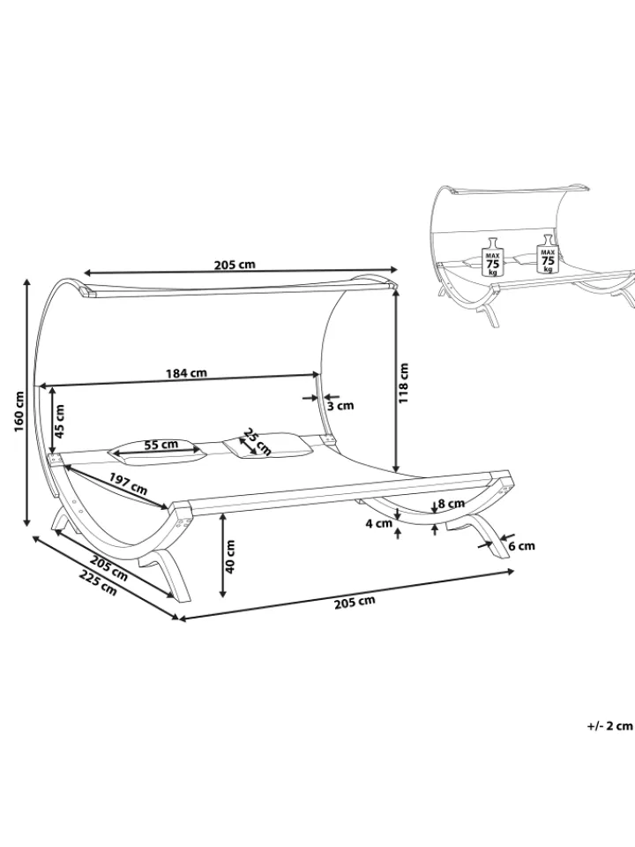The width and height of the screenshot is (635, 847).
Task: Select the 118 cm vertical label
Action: click(x=404, y=382)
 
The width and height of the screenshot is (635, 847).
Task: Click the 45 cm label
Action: click(x=59, y=422)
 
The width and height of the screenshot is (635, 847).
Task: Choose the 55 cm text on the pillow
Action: click(x=161, y=445)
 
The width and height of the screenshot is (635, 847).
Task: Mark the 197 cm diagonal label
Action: click(x=128, y=483)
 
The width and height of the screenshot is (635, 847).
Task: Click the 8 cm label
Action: click(x=452, y=504)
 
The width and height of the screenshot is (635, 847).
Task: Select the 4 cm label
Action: click(x=378, y=523)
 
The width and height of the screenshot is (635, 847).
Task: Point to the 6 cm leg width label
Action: click(x=521, y=545)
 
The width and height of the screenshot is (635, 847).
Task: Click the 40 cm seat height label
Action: click(x=229, y=557)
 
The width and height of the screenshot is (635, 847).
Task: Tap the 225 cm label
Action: click(x=98, y=582)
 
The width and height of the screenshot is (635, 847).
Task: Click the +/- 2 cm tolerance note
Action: click(x=609, y=726)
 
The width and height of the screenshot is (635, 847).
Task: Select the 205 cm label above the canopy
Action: click(x=235, y=265)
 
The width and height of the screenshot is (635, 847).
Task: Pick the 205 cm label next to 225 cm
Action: click(x=109, y=569)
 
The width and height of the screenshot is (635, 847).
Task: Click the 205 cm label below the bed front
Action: click(x=355, y=601)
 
